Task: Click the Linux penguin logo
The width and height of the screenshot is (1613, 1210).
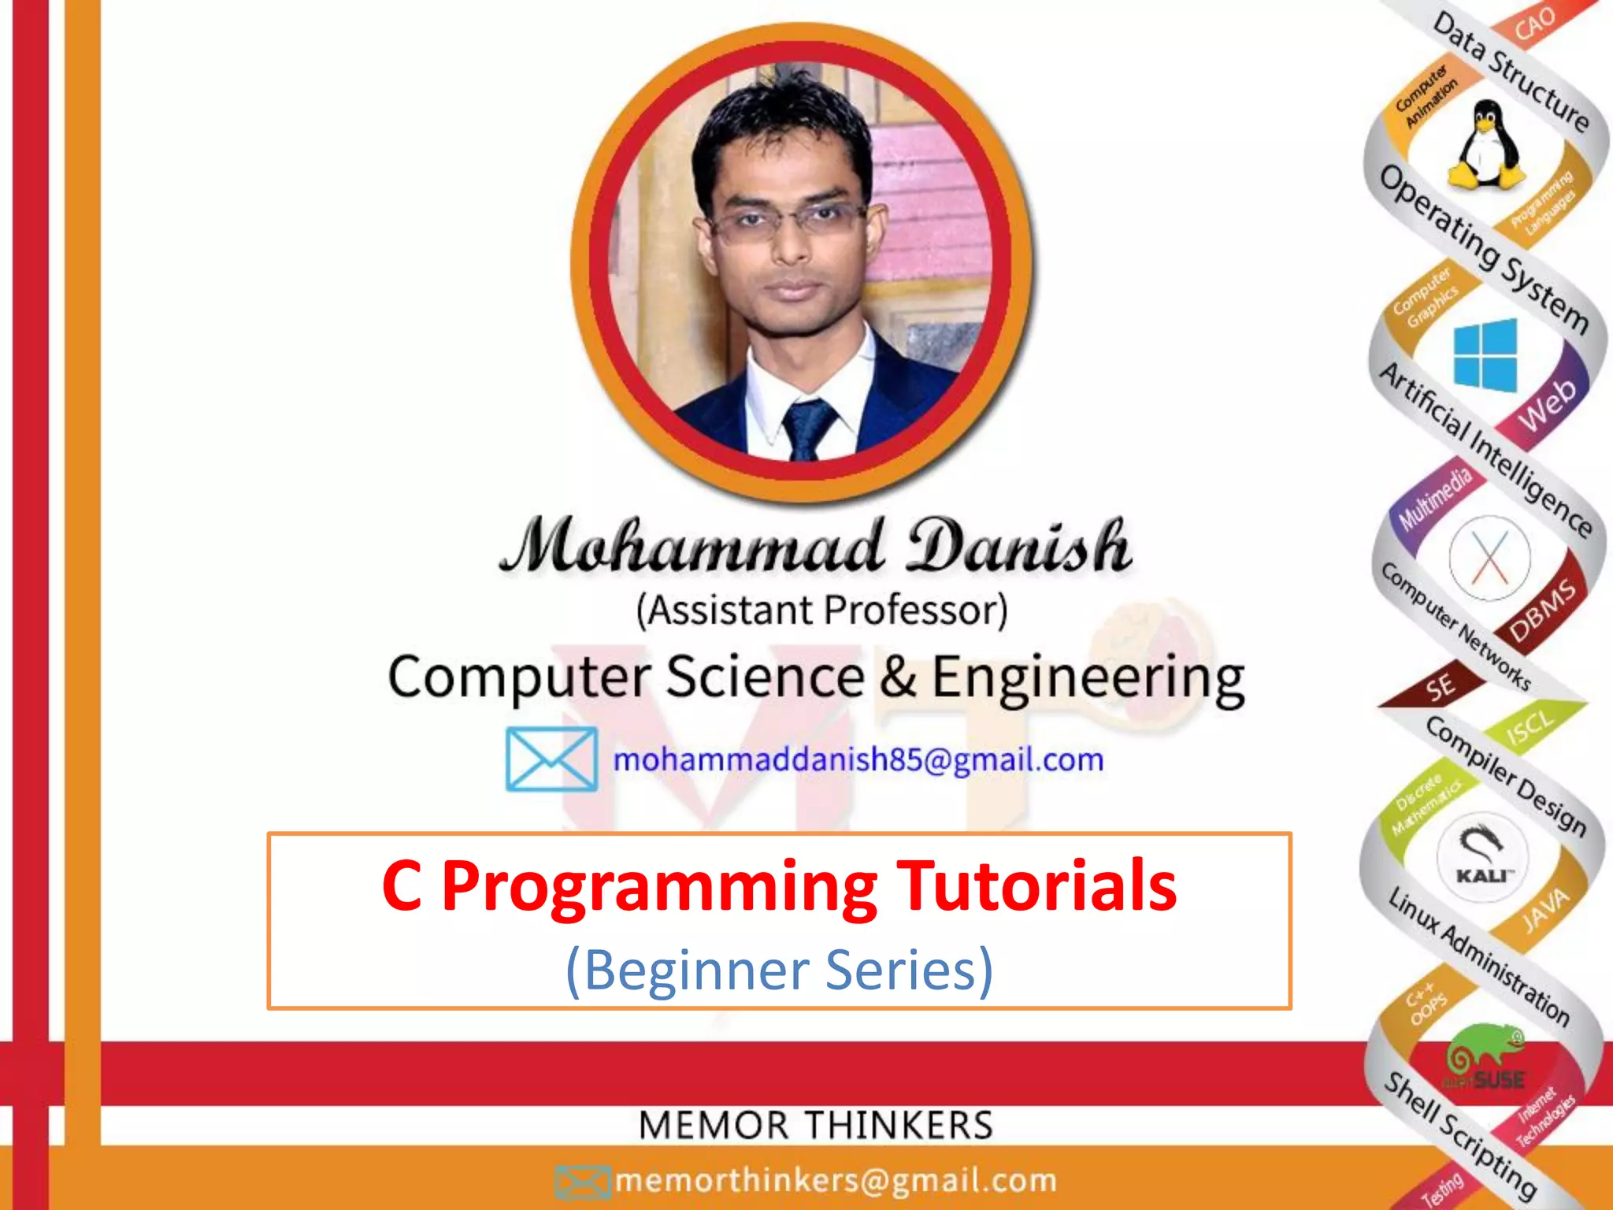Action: tap(1485, 146)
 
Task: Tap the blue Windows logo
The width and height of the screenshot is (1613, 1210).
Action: tap(1485, 354)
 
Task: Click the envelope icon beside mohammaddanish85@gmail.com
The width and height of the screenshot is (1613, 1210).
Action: tap(551, 759)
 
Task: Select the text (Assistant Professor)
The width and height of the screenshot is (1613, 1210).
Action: tap(821, 610)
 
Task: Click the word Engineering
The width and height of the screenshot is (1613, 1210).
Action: tap(1088, 677)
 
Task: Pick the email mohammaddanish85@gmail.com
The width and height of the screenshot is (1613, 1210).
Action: tap(858, 760)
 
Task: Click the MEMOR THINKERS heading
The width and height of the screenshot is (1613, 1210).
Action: tap(815, 1125)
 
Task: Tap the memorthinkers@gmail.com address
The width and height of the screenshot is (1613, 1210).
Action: tap(836, 1180)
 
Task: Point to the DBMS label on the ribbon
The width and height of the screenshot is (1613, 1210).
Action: tap(1543, 611)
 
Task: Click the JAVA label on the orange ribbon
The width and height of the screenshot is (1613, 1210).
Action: tap(1544, 910)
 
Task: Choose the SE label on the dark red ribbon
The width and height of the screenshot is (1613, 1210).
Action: tap(1441, 686)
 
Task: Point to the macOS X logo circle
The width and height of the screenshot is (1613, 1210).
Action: tap(1489, 557)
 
